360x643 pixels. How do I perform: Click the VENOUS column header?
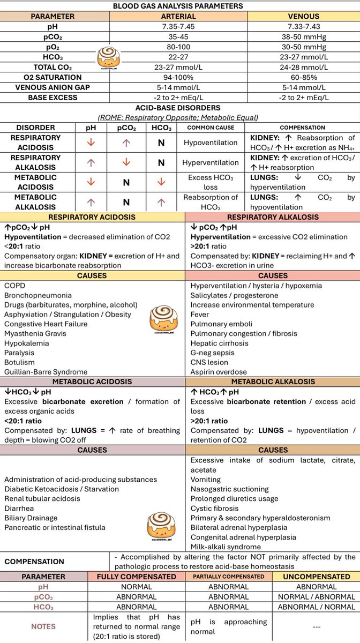pyautogui.click(x=304, y=16)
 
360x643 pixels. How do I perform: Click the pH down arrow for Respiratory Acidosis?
pyautogui.click(x=91, y=143)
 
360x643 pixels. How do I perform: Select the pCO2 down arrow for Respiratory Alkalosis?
pyautogui.click(x=126, y=162)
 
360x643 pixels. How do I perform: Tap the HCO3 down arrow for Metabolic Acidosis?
pyautogui.click(x=161, y=182)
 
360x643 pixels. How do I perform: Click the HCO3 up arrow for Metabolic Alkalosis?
pyautogui.click(x=161, y=202)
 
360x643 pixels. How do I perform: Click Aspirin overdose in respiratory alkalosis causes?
pyautogui.click(x=219, y=372)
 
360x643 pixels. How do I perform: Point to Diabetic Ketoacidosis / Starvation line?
pyautogui.click(x=62, y=489)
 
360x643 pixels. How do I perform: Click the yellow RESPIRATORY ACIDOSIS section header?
pyautogui.click(x=93, y=217)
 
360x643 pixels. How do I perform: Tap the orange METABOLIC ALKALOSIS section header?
pyautogui.click(x=273, y=382)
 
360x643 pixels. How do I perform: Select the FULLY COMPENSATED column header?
pyautogui.click(x=136, y=577)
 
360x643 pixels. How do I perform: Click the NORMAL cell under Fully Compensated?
pyautogui.click(x=136, y=587)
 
